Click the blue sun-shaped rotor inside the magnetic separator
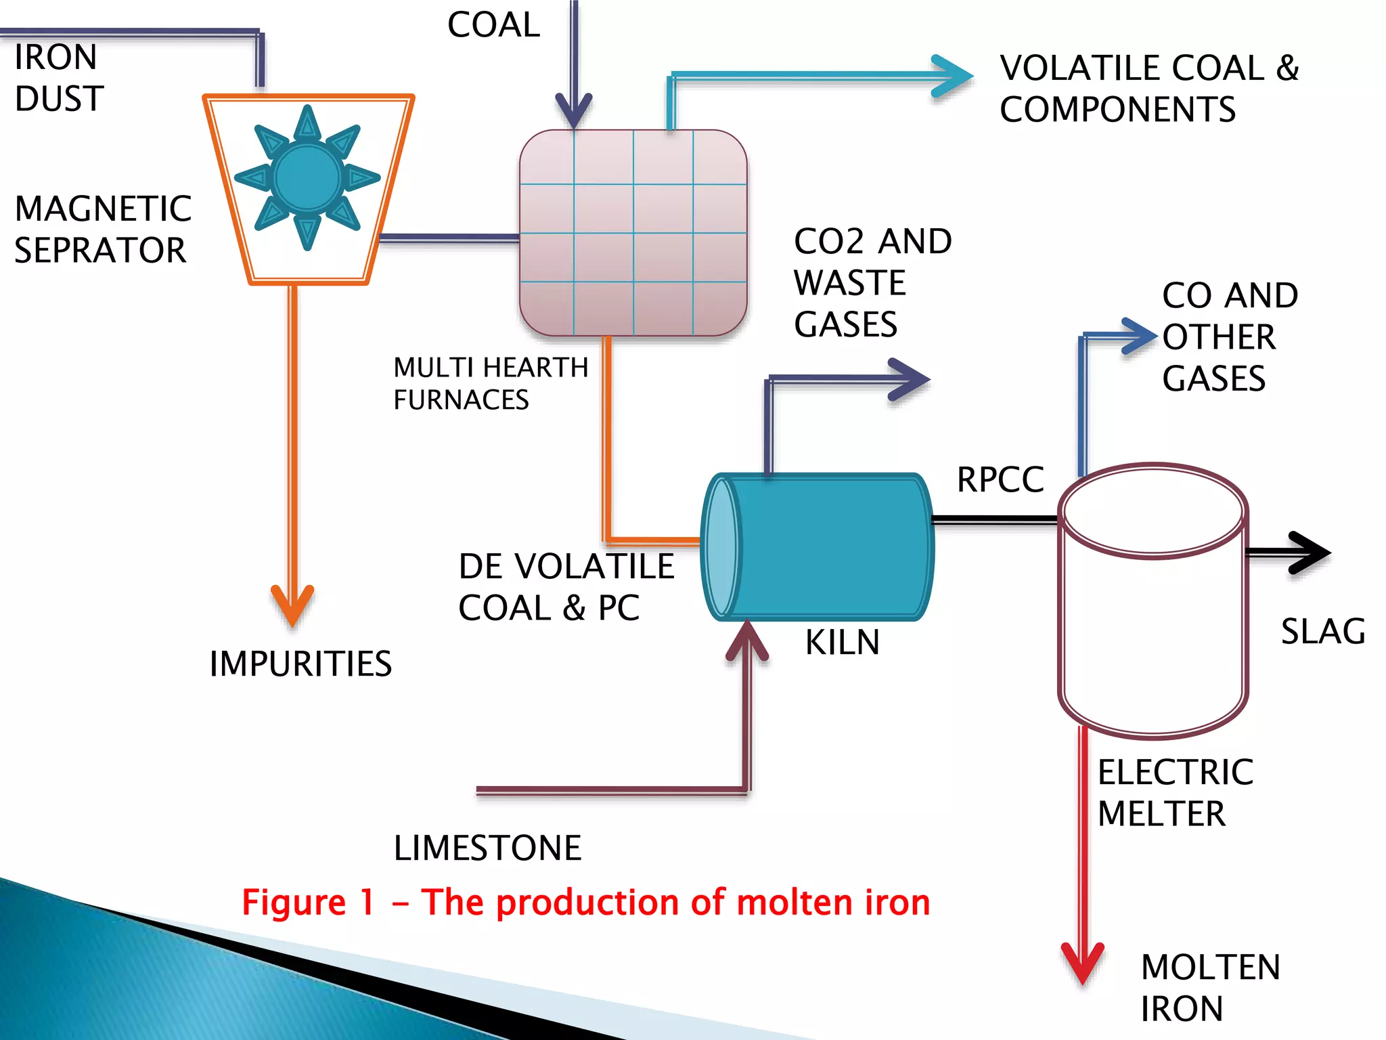click(307, 177)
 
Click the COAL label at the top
click(493, 26)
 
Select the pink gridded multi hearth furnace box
click(633, 233)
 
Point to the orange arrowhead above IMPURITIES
click(292, 604)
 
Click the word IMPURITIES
click(300, 664)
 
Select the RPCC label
click(1000, 479)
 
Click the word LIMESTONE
click(487, 848)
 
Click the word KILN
click(842, 642)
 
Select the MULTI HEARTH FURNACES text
click(490, 383)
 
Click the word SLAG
click(1323, 631)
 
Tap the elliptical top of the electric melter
click(1153, 511)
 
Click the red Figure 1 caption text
click(586, 903)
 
